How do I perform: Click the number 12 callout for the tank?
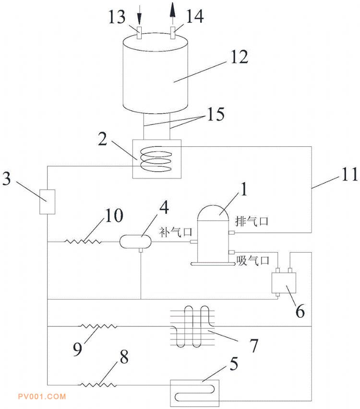coord(240,57)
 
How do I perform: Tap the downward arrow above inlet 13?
coord(139,15)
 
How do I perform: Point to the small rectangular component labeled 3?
coord(47,202)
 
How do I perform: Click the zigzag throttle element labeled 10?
coord(83,241)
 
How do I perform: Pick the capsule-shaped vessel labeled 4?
coord(135,241)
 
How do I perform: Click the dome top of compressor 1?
coord(213,213)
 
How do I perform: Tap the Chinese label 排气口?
coord(252,221)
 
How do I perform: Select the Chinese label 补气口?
coord(176,232)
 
